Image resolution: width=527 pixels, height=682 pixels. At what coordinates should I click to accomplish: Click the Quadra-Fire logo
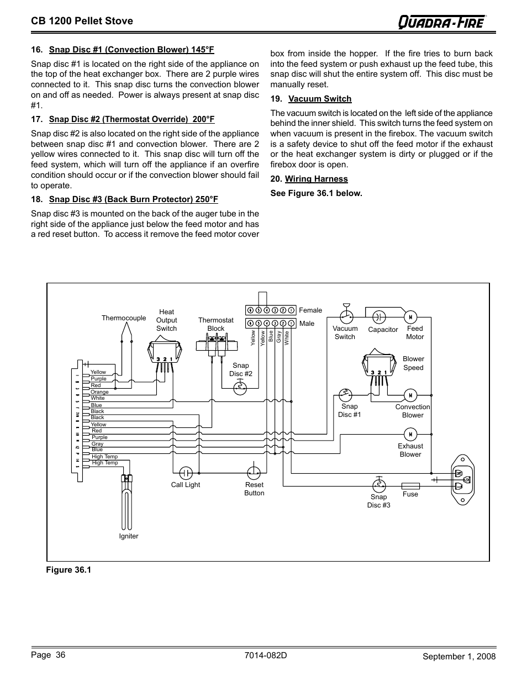pos(442,22)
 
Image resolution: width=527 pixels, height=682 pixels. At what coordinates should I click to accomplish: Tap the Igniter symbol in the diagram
pos(128,497)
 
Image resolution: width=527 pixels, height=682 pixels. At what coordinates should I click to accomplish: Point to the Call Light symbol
pos(186,473)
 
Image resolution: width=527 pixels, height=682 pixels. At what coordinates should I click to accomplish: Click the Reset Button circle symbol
pos(254,473)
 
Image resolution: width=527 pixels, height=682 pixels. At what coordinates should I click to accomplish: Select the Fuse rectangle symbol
pos(410,486)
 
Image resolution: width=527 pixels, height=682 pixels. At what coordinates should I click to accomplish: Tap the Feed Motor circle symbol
pos(410,317)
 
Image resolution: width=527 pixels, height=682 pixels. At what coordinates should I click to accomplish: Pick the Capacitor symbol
pos(379,317)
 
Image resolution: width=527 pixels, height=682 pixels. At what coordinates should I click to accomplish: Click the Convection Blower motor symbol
pos(410,395)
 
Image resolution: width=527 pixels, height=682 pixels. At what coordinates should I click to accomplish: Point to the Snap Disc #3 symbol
pos(379,485)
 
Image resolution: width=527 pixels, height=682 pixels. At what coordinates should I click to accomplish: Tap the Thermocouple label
pos(124,318)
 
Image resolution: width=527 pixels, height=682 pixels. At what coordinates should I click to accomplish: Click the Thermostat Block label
pos(216,324)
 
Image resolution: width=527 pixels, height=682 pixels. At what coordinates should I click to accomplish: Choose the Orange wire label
pos(99,392)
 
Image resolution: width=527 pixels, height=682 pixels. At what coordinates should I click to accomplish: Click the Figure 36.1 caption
pos(68,570)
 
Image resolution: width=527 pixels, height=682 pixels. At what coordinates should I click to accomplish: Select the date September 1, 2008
pos(459,657)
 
